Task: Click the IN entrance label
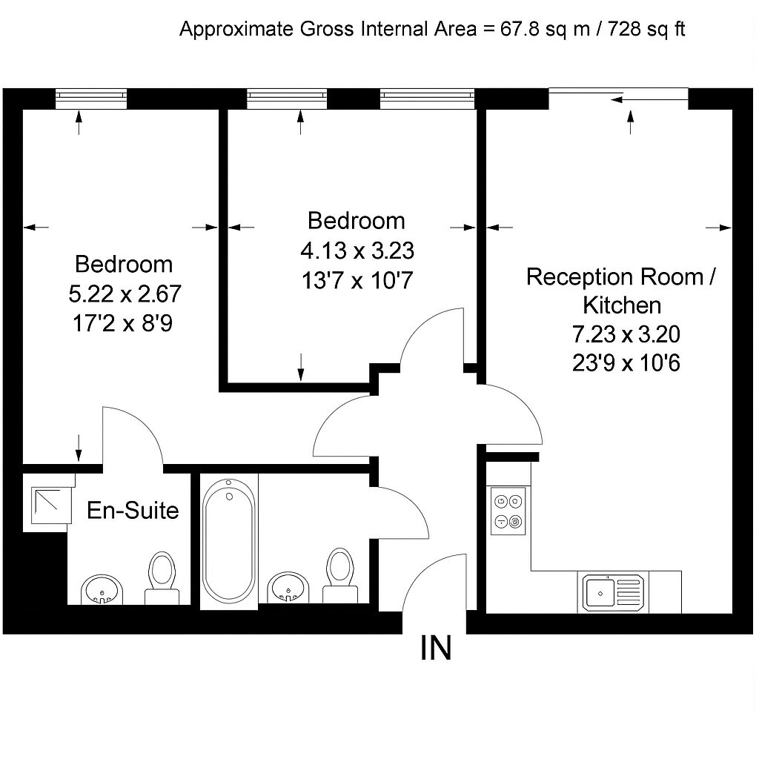pyautogui.click(x=435, y=649)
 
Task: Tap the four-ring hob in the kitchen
pyautogui.click(x=508, y=511)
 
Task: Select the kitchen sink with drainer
pyautogui.click(x=611, y=592)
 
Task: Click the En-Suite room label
pyautogui.click(x=133, y=510)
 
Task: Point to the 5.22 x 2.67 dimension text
pyautogui.click(x=125, y=294)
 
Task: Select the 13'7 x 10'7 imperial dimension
pyautogui.click(x=357, y=281)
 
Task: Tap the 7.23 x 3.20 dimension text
pyautogui.click(x=626, y=335)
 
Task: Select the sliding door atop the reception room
pyautogui.click(x=619, y=96)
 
